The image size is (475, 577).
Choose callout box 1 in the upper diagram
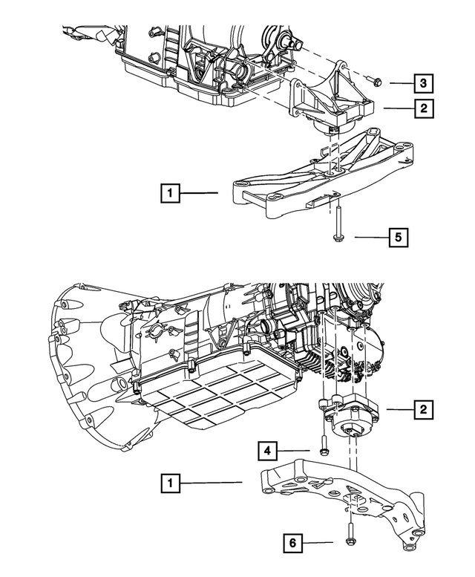171,194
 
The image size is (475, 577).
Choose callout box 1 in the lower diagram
171,483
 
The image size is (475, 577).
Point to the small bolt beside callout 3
373,82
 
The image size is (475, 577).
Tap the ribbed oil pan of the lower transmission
223,394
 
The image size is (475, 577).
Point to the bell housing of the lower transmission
96,349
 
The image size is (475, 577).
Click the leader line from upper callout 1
200,194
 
